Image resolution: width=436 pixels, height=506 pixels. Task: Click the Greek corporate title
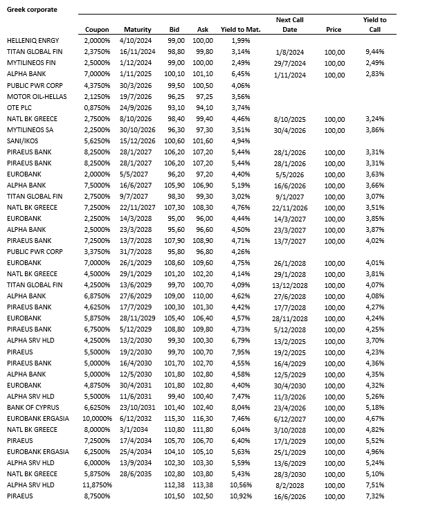[32, 9]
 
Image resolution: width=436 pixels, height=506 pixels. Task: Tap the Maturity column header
[137, 30]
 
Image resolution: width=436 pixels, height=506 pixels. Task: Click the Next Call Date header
[290, 25]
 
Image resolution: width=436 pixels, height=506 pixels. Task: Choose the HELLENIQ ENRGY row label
[33, 42]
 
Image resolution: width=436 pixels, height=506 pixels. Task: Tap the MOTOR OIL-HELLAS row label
[36, 97]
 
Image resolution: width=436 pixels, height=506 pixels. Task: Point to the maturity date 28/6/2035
[136, 473]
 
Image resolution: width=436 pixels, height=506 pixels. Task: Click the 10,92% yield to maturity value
[239, 496]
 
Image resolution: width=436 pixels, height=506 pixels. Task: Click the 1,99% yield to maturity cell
[241, 42]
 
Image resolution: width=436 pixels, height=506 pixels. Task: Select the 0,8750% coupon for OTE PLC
[96, 108]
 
